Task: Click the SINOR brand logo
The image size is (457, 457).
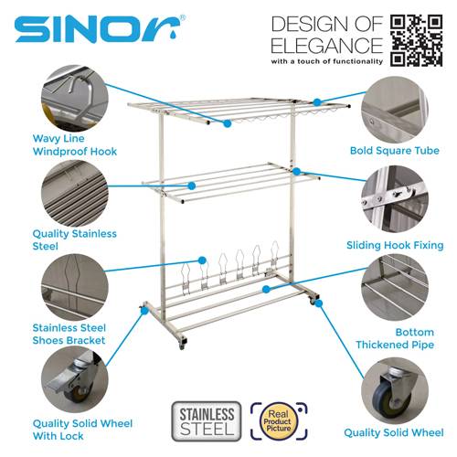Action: [100, 28]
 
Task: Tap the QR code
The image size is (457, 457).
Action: [416, 40]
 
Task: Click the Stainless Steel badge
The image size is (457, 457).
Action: [207, 421]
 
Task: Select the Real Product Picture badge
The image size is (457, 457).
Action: [279, 421]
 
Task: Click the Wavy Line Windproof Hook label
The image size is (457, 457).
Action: [75, 145]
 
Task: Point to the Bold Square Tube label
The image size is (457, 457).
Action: [395, 151]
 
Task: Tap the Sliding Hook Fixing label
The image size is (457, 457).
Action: [395, 245]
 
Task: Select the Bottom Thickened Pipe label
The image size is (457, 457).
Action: [395, 338]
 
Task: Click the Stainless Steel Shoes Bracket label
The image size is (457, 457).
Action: [69, 335]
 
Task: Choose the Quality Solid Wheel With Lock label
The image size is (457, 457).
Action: [82, 430]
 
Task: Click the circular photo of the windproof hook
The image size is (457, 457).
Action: [75, 99]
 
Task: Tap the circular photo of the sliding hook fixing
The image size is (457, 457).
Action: [395, 199]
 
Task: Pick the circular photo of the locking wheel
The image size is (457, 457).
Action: [75, 379]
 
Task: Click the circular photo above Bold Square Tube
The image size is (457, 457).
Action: [395, 110]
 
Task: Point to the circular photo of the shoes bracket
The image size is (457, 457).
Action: [75, 287]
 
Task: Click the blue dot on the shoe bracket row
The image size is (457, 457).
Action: [202, 260]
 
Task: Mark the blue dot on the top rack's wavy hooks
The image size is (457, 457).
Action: [227, 123]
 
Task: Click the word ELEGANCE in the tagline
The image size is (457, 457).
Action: [326, 46]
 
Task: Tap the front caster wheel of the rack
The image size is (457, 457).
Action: [182, 343]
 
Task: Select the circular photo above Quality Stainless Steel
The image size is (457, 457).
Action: [75, 193]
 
